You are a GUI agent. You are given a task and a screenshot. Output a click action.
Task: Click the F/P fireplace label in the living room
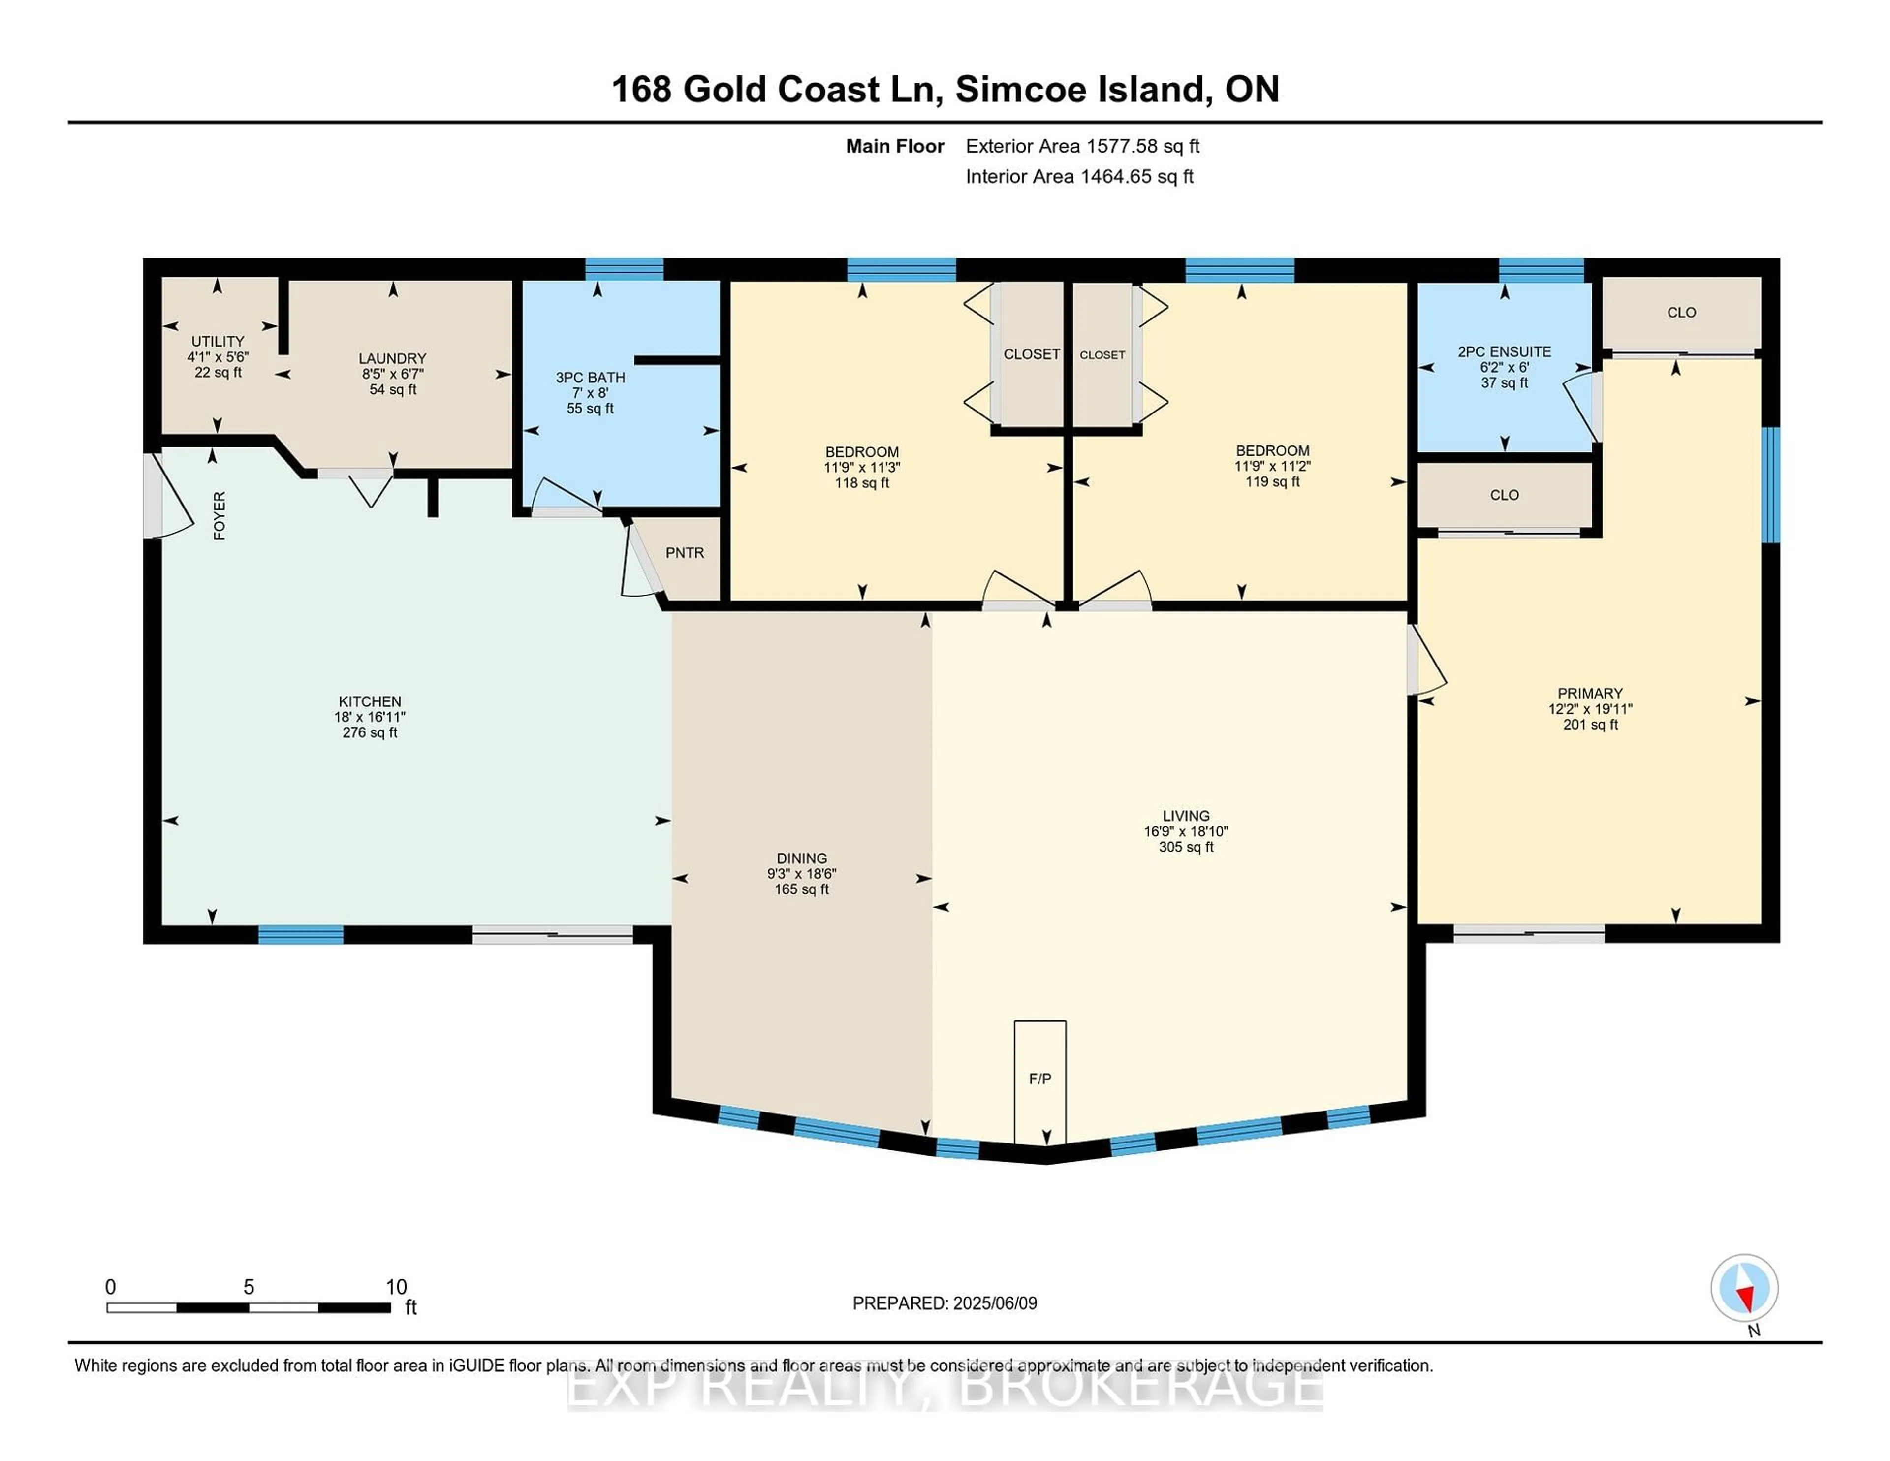click(1039, 1079)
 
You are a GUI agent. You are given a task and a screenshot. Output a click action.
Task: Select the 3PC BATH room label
click(590, 378)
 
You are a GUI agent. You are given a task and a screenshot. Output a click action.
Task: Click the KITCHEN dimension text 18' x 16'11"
click(370, 717)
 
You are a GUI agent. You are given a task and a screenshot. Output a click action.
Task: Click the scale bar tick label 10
click(396, 1287)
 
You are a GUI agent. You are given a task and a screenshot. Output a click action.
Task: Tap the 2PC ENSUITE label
click(1504, 351)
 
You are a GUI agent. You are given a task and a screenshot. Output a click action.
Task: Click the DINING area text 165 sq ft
click(801, 889)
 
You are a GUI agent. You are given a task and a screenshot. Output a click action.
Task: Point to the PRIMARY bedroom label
click(1590, 693)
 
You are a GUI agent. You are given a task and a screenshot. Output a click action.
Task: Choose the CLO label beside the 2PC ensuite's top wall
click(1681, 313)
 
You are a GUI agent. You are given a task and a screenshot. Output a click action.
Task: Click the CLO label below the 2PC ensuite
click(1504, 495)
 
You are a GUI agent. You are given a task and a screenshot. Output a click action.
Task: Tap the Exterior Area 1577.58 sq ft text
click(1083, 146)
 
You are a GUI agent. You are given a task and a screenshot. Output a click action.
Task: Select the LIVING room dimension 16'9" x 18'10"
click(1186, 831)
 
